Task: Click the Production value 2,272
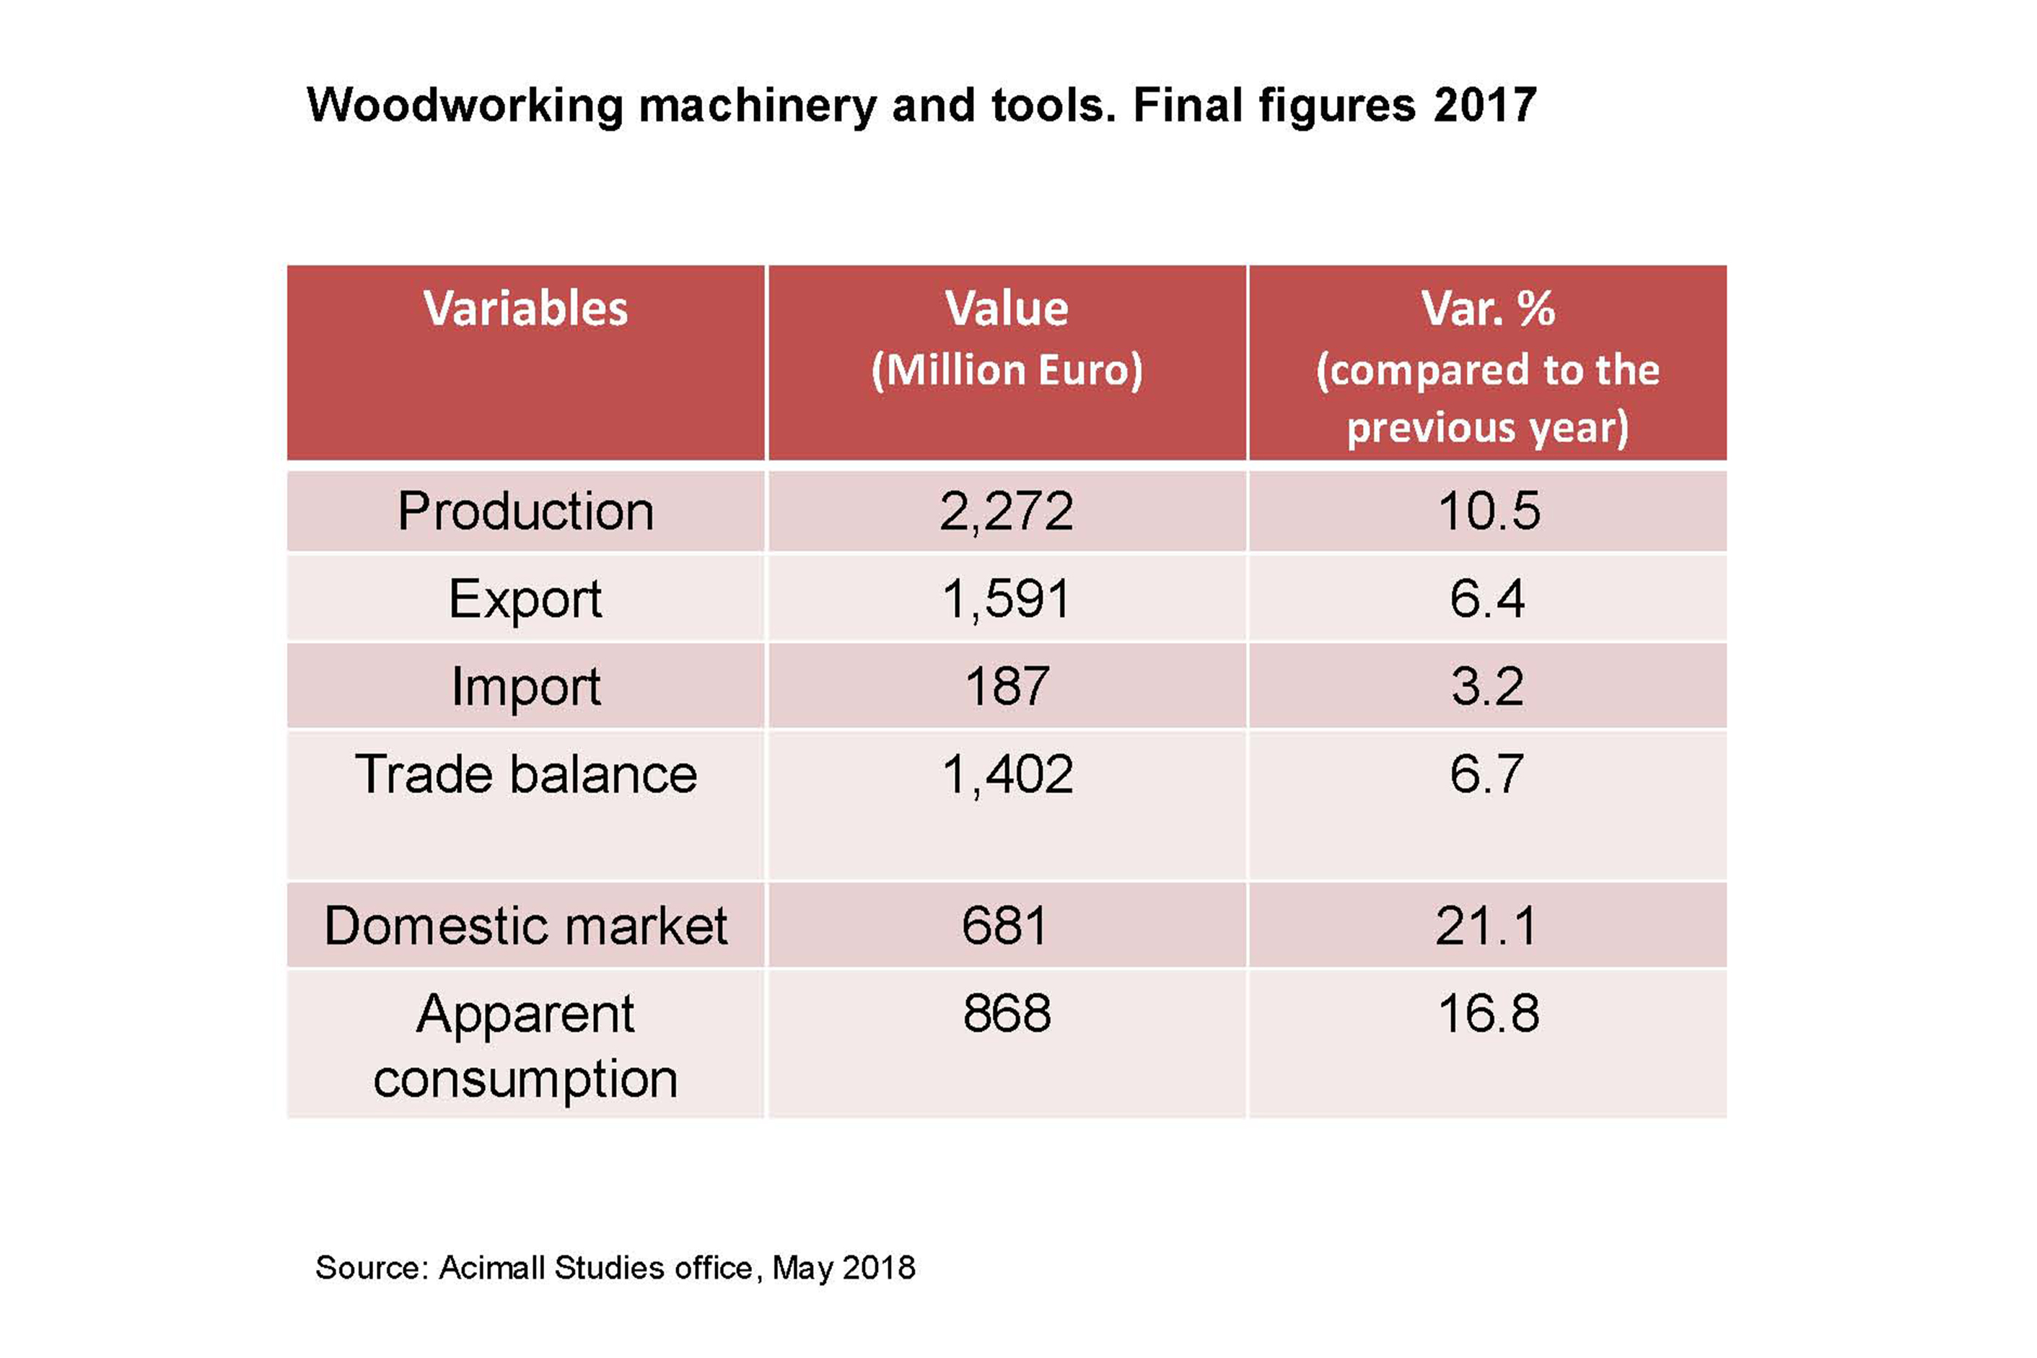(x=1007, y=511)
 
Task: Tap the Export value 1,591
(x=1007, y=598)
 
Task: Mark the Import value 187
(x=1007, y=687)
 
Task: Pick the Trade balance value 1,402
(x=1007, y=774)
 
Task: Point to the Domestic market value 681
(x=1004, y=926)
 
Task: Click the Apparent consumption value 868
(x=1007, y=1013)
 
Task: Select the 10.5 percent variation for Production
(x=1488, y=511)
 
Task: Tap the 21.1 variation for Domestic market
(x=1486, y=926)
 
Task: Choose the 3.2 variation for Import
(x=1487, y=687)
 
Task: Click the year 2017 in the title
(x=1484, y=105)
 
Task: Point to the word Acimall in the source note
(x=491, y=1268)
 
